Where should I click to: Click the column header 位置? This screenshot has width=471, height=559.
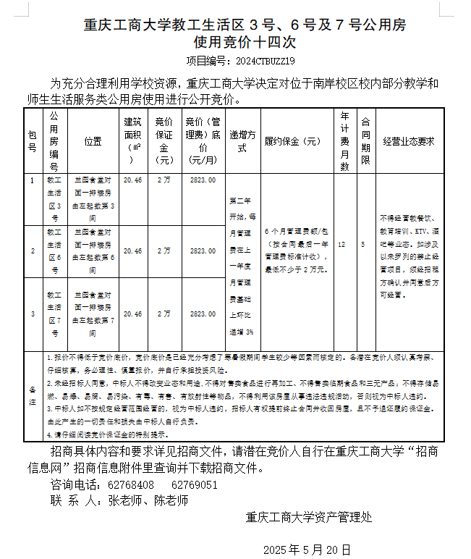pyautogui.click(x=93, y=141)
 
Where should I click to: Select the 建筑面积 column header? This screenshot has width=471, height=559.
pyautogui.click(x=133, y=141)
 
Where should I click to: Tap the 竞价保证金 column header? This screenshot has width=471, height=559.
pyautogui.click(x=164, y=141)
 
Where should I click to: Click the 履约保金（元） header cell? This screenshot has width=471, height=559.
pyautogui.click(x=292, y=141)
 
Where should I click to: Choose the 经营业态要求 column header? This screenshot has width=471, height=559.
pyautogui.click(x=408, y=141)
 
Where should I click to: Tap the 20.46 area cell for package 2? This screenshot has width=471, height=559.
pyautogui.click(x=133, y=251)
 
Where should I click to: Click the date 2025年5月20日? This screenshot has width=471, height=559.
pyautogui.click(x=307, y=549)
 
